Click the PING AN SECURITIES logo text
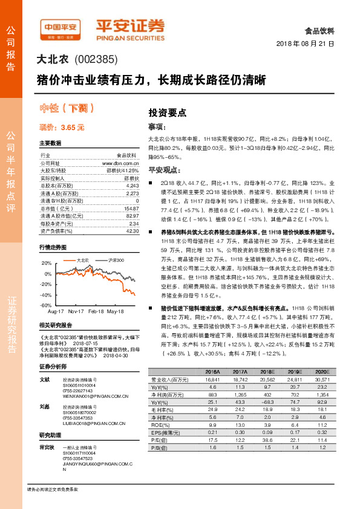(x=130, y=35)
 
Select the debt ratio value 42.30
(x=132, y=230)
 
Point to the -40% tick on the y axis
(x=45, y=295)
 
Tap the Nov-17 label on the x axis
(x=76, y=311)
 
